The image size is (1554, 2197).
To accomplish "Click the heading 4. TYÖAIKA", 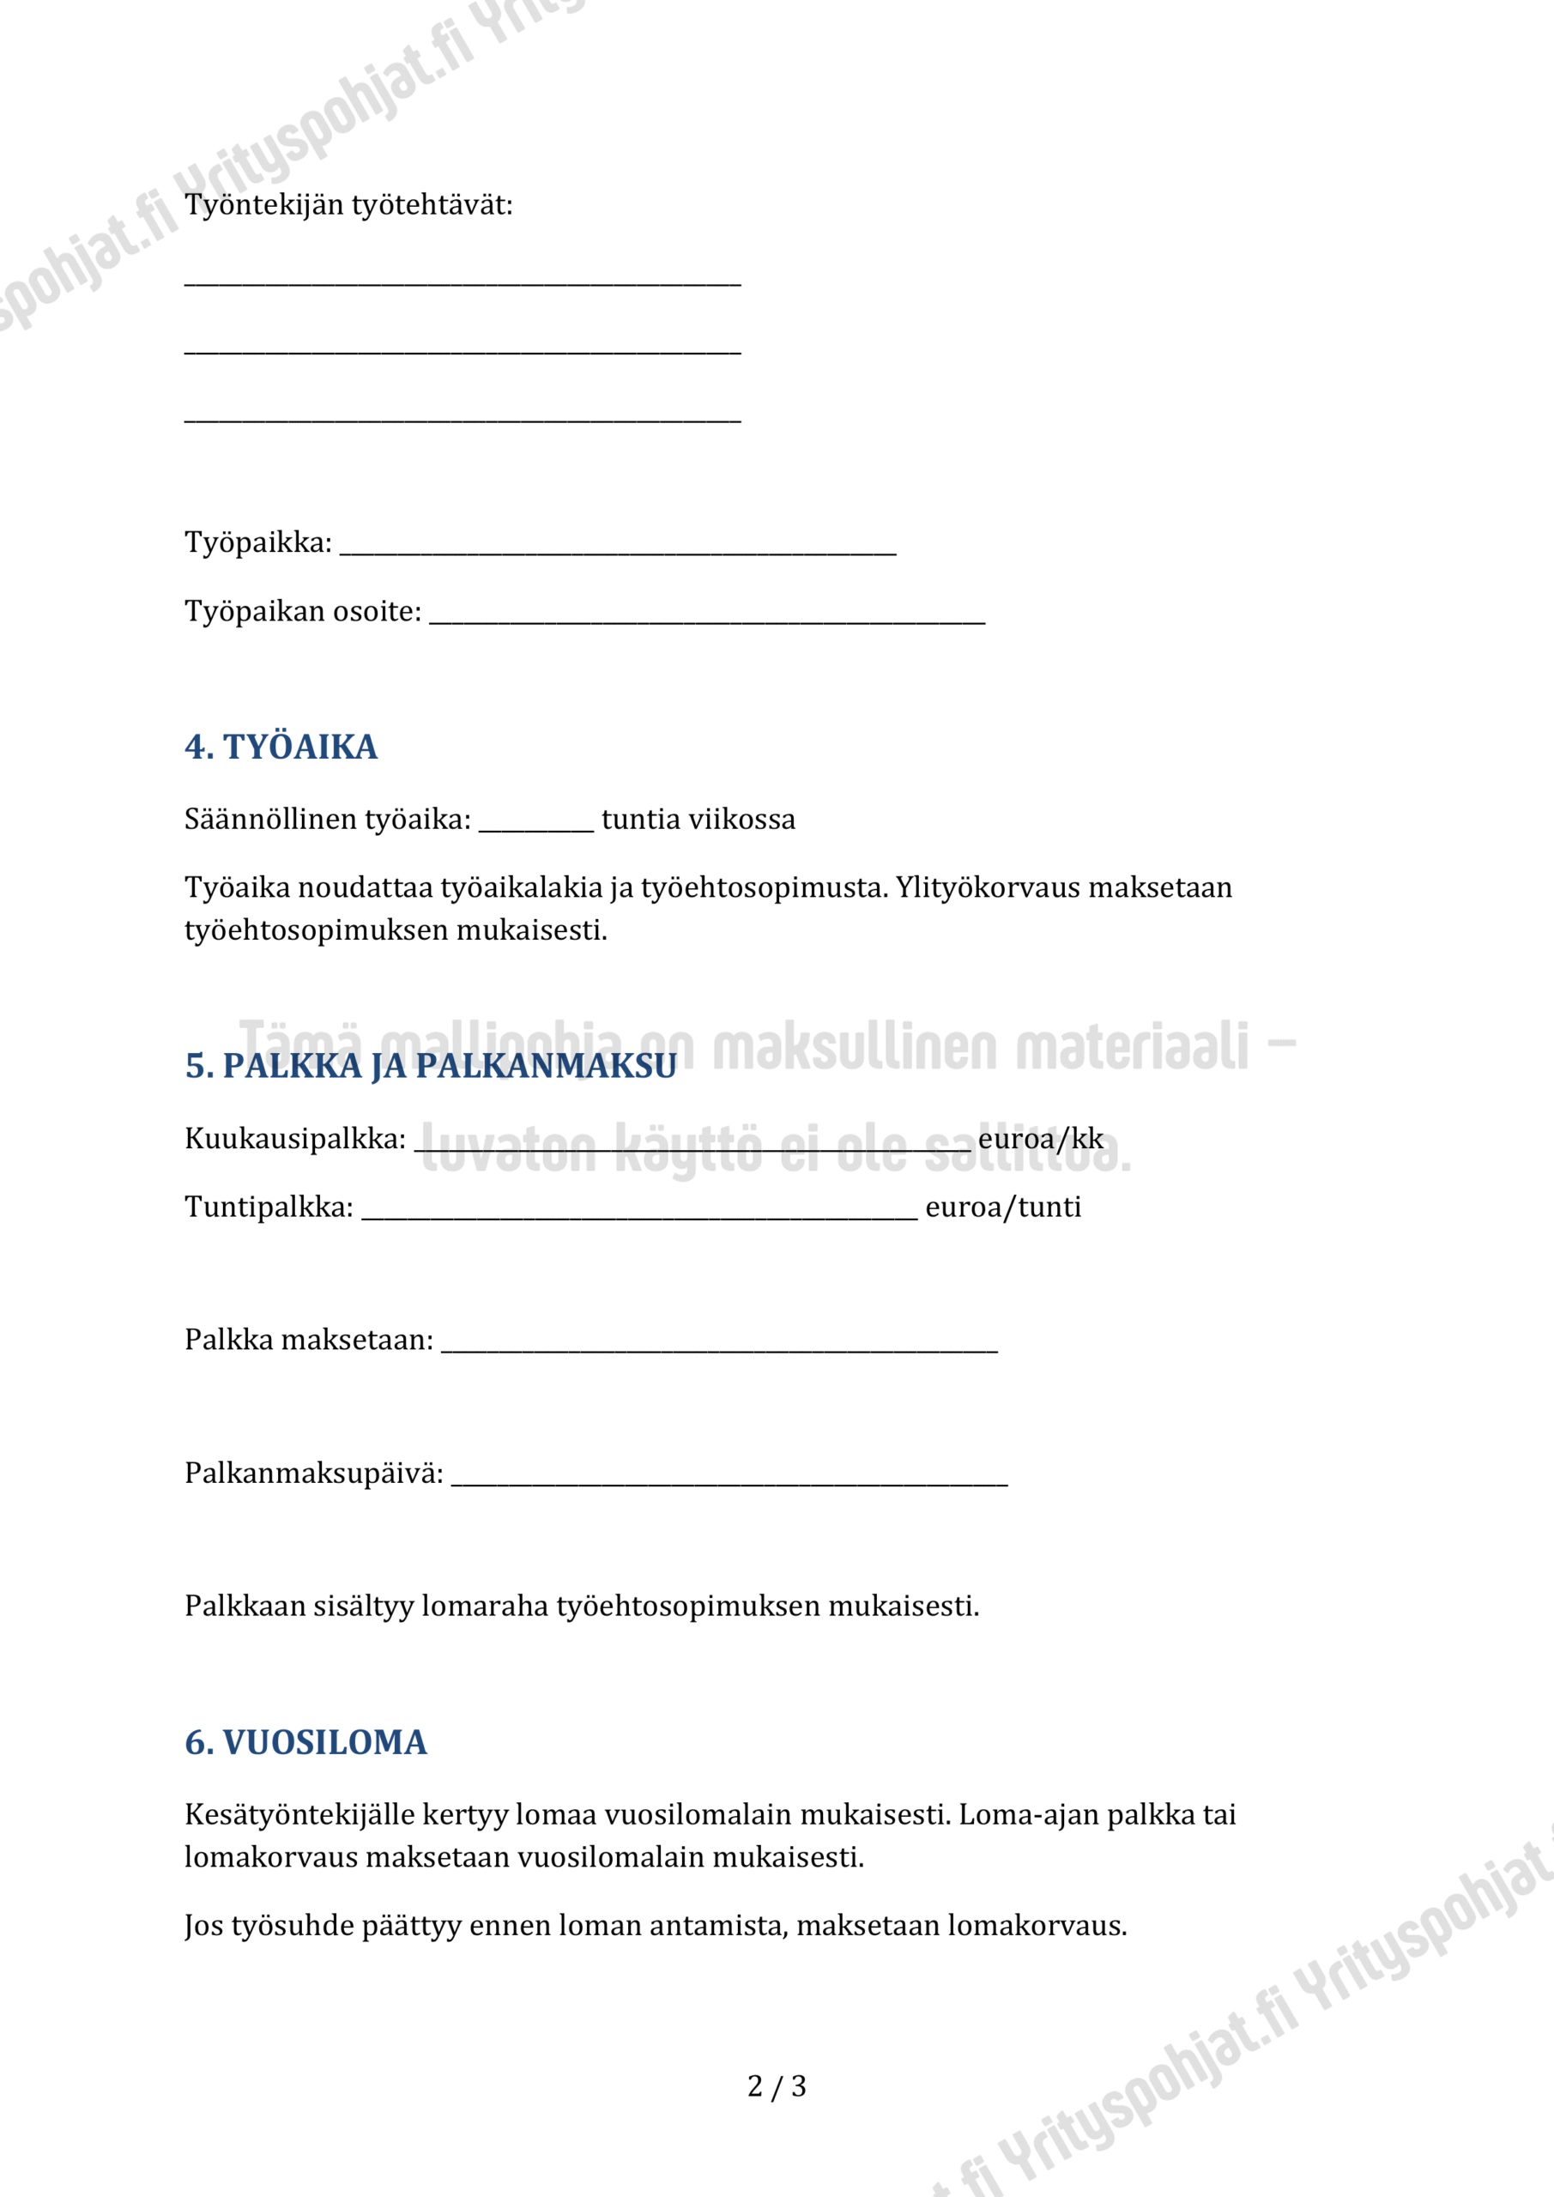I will pyautogui.click(x=281, y=747).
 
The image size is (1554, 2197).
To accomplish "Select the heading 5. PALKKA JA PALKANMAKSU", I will pyautogui.click(x=431, y=1066).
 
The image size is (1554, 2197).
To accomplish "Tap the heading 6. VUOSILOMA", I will pyautogui.click(x=305, y=1742).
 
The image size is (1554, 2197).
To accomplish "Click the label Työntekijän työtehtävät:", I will pyautogui.click(x=348, y=205).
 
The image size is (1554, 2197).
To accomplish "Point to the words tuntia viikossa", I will pyautogui.click(x=698, y=820).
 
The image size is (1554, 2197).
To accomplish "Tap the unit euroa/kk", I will pyautogui.click(x=1040, y=1139).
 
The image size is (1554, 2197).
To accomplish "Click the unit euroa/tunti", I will pyautogui.click(x=1003, y=1207).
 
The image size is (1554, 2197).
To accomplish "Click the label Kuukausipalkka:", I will pyautogui.click(x=294, y=1139).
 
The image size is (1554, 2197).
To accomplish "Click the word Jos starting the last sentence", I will pyautogui.click(x=203, y=1925).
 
